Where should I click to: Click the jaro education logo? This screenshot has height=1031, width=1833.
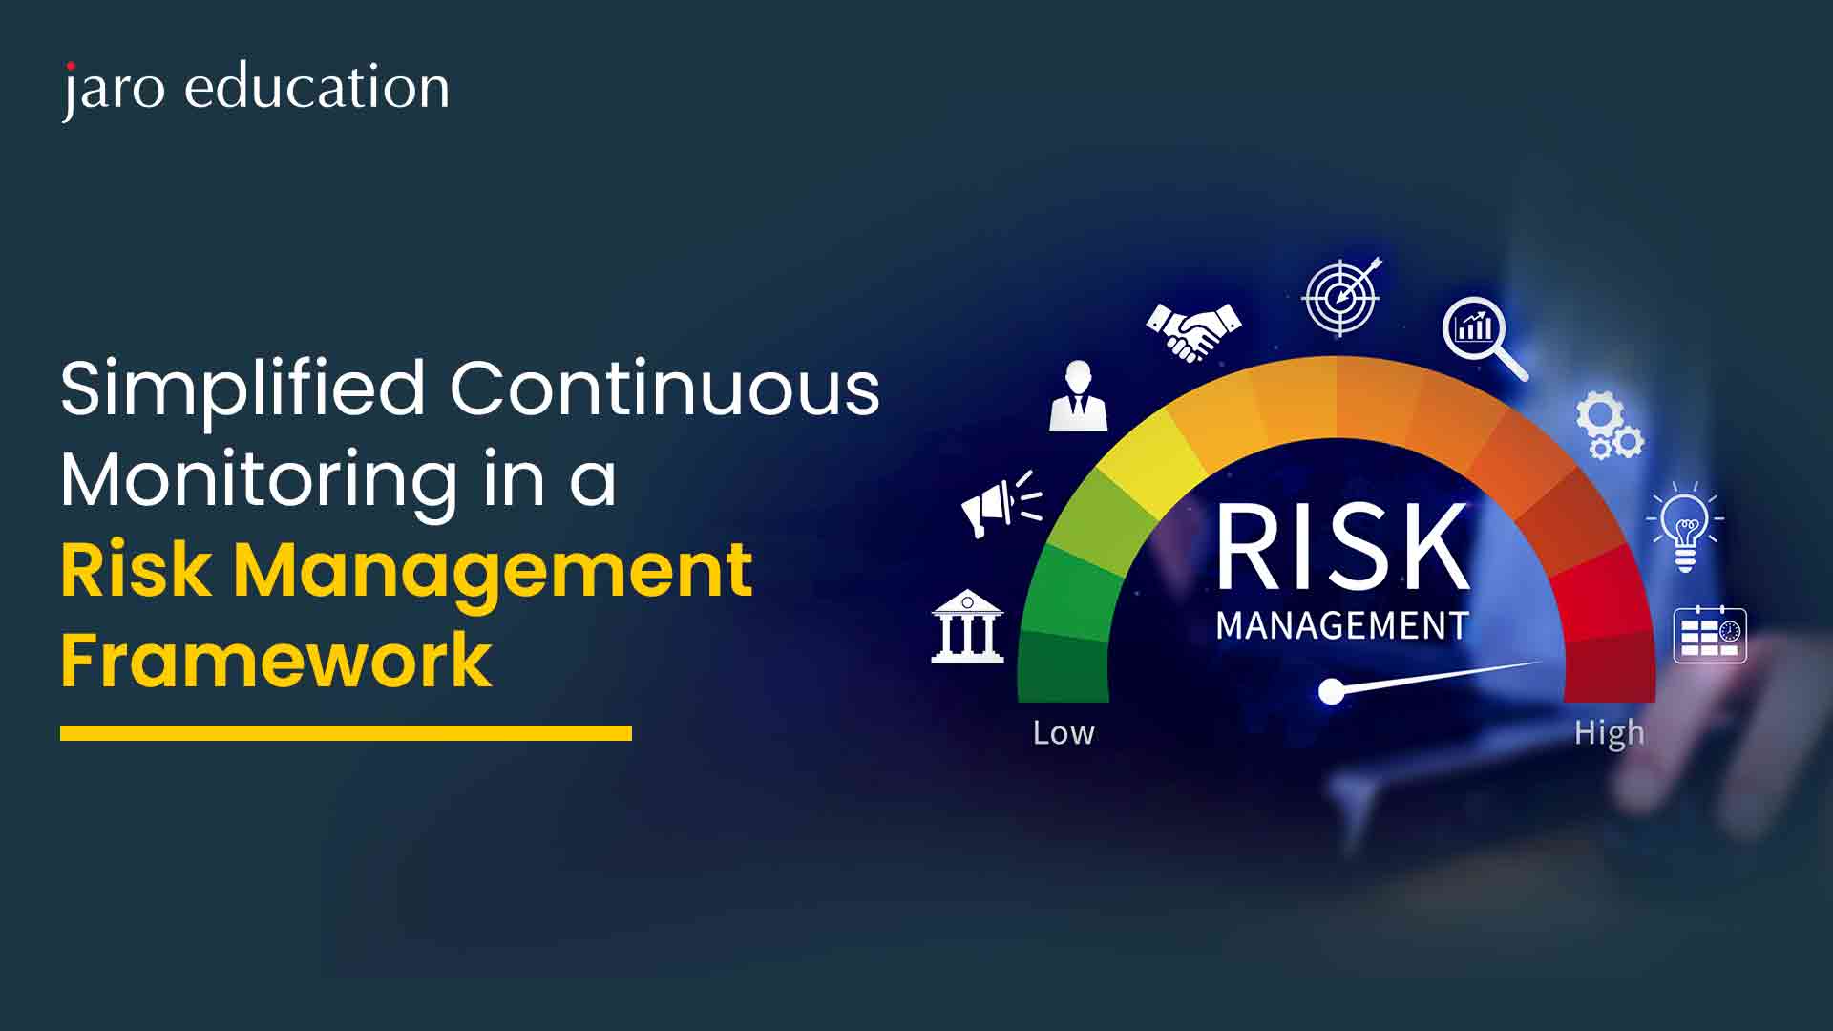(x=256, y=89)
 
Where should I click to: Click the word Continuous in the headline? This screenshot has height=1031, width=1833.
(x=665, y=389)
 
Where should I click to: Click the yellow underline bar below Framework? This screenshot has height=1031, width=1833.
(x=346, y=733)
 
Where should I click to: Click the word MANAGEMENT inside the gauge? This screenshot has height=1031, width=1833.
(x=1341, y=626)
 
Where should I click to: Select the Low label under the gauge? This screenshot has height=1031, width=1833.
(x=1064, y=733)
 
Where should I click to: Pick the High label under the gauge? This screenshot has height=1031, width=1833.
(x=1610, y=734)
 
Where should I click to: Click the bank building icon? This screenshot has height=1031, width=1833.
(x=967, y=626)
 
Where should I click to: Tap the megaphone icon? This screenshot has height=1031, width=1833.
(x=1001, y=504)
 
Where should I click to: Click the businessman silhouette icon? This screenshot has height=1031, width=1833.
(x=1079, y=395)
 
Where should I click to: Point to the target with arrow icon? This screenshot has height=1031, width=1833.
(x=1342, y=296)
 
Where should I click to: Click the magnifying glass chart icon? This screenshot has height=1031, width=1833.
(x=1484, y=337)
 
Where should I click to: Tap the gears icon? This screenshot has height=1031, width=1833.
(x=1609, y=426)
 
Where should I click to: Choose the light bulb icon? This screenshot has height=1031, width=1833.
(x=1685, y=527)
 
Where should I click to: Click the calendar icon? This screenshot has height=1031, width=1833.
(x=1710, y=634)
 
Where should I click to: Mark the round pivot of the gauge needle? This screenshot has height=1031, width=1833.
(x=1331, y=691)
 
